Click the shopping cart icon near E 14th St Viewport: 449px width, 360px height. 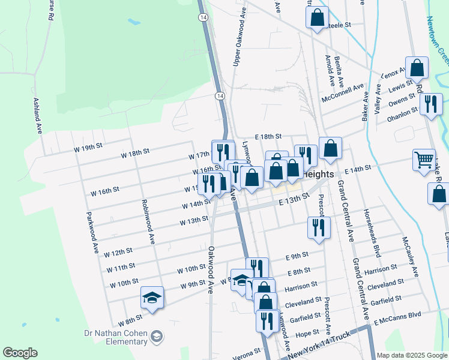tap(424, 160)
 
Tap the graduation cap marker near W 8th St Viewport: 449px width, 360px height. tap(152, 297)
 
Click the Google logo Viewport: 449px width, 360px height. tap(20, 353)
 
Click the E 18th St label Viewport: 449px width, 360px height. tap(267, 137)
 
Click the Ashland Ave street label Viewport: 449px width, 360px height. tap(38, 115)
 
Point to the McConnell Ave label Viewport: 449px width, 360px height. tap(343, 92)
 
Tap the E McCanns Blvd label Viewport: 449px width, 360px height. tap(397, 317)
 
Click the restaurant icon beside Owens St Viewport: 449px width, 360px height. tap(430, 104)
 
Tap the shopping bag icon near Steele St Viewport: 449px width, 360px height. tap(318, 17)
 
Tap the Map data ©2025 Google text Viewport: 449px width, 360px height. tap(412, 355)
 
